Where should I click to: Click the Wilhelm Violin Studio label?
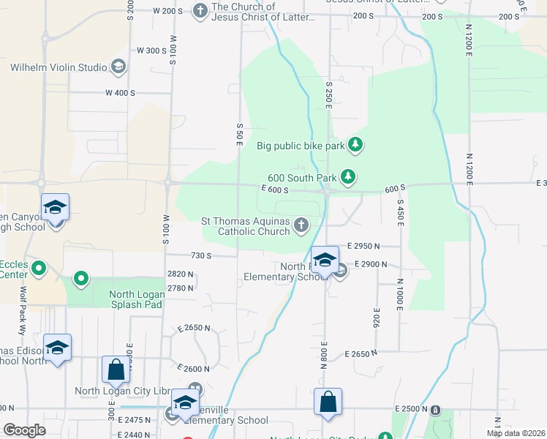(x=59, y=67)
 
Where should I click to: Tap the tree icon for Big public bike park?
(x=355, y=145)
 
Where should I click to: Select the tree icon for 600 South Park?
(x=350, y=176)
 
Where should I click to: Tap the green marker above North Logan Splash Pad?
(x=81, y=278)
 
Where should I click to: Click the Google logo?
(x=24, y=430)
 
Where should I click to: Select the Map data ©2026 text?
(x=515, y=433)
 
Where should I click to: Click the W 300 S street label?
(x=152, y=50)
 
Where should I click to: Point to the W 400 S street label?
(x=121, y=93)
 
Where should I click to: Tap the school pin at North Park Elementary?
(x=325, y=260)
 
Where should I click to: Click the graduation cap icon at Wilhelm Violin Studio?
(x=118, y=67)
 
